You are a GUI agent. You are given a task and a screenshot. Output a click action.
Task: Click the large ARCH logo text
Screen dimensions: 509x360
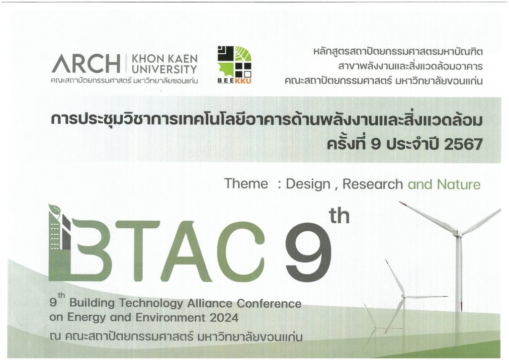(x=85, y=63)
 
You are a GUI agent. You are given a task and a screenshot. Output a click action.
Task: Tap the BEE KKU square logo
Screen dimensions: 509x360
(x=235, y=65)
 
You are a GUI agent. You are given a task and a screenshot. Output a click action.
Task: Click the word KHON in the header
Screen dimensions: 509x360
(x=147, y=59)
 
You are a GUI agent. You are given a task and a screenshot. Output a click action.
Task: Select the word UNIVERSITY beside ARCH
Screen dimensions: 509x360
(x=165, y=69)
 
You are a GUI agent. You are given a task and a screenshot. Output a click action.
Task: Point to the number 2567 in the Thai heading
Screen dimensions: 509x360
(x=463, y=144)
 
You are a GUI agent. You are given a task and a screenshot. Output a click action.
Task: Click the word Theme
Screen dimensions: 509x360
(x=246, y=183)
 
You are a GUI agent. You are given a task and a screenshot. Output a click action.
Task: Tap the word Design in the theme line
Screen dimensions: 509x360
(x=308, y=184)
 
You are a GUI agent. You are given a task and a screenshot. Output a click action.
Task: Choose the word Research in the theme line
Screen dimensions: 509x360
(x=373, y=184)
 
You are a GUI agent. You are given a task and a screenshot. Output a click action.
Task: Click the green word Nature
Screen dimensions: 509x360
(x=459, y=184)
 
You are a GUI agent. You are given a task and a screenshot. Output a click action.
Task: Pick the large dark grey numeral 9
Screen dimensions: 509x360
(x=309, y=252)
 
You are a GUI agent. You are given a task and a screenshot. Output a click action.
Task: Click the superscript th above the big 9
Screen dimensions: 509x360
(x=339, y=216)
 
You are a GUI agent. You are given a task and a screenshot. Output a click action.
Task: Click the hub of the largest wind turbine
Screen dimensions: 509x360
(x=457, y=233)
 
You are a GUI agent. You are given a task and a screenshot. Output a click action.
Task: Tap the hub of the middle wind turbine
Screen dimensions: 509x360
(x=404, y=296)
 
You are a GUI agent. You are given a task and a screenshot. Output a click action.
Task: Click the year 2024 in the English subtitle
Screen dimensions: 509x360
(x=224, y=317)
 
